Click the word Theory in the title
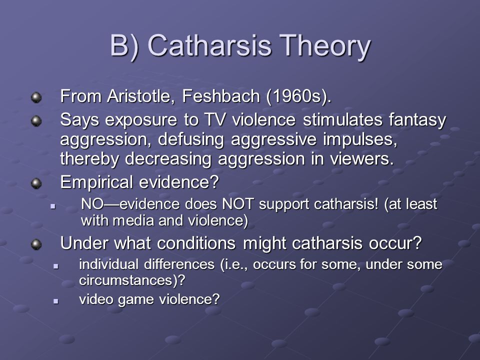tap(325, 46)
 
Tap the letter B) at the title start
tap(124, 46)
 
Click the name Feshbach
tap(220, 96)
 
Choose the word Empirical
tap(96, 182)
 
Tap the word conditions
tap(196, 243)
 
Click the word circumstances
tap(125, 280)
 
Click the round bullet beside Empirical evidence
tap(36, 183)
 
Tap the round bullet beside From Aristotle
tap(36, 97)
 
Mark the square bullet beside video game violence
tap(55, 301)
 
